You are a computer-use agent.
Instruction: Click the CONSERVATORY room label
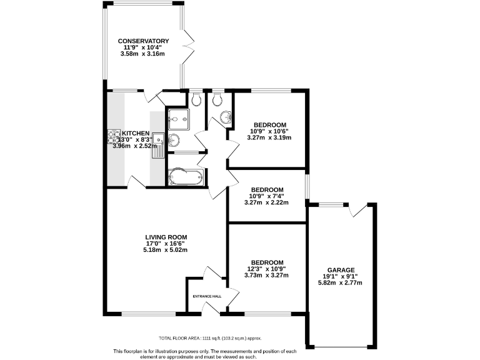[144, 41]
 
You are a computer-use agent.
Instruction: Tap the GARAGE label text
[340, 270]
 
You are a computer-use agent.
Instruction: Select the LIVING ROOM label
[166, 237]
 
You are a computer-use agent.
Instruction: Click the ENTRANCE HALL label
[207, 296]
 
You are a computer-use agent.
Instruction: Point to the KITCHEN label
[136, 134]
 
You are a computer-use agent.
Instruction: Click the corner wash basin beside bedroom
[226, 116]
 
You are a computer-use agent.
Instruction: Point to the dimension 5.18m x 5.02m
[166, 250]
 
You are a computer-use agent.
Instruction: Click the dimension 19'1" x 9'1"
[340, 276]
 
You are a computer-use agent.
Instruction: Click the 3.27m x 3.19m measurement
[269, 137]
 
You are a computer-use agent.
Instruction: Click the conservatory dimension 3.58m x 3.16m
[143, 54]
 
